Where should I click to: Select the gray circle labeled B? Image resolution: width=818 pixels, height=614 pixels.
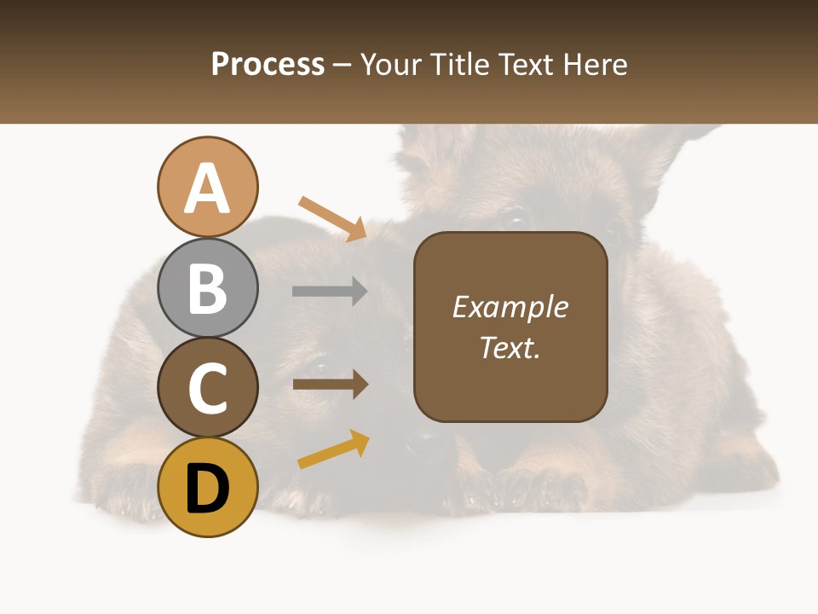[208, 288]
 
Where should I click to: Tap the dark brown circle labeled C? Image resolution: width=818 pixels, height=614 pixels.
[208, 388]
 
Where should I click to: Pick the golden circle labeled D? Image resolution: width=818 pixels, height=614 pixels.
[208, 488]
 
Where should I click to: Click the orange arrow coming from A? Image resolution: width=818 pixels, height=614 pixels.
[332, 218]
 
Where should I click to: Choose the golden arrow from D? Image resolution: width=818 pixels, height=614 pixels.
[333, 449]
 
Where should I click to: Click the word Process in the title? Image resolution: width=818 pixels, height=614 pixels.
[268, 64]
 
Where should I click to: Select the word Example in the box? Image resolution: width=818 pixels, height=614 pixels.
[510, 307]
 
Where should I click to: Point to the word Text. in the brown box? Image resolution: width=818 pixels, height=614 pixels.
[510, 347]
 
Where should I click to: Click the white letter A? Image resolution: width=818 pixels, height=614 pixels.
[208, 188]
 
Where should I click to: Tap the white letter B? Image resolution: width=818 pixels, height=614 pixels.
[208, 289]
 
